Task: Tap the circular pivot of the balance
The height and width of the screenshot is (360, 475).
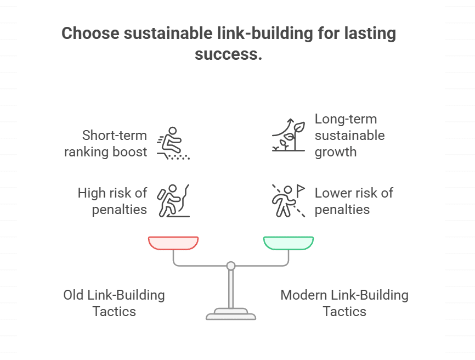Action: [231, 266]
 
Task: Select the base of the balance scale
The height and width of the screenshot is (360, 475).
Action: [231, 314]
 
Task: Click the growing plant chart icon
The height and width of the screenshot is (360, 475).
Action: [289, 134]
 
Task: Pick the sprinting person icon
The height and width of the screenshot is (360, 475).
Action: [173, 143]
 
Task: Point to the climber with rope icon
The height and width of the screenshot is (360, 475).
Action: [173, 201]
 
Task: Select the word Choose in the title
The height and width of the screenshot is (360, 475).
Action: [90, 34]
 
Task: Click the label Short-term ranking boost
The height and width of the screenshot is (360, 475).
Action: [106, 143]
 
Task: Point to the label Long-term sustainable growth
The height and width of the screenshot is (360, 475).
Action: [349, 135]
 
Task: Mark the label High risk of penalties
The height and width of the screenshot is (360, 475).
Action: [112, 201]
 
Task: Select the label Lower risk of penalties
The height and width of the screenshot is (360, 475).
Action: [354, 201]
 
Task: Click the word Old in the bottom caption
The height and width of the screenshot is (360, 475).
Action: [74, 295]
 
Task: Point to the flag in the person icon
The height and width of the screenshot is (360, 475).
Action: [301, 189]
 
